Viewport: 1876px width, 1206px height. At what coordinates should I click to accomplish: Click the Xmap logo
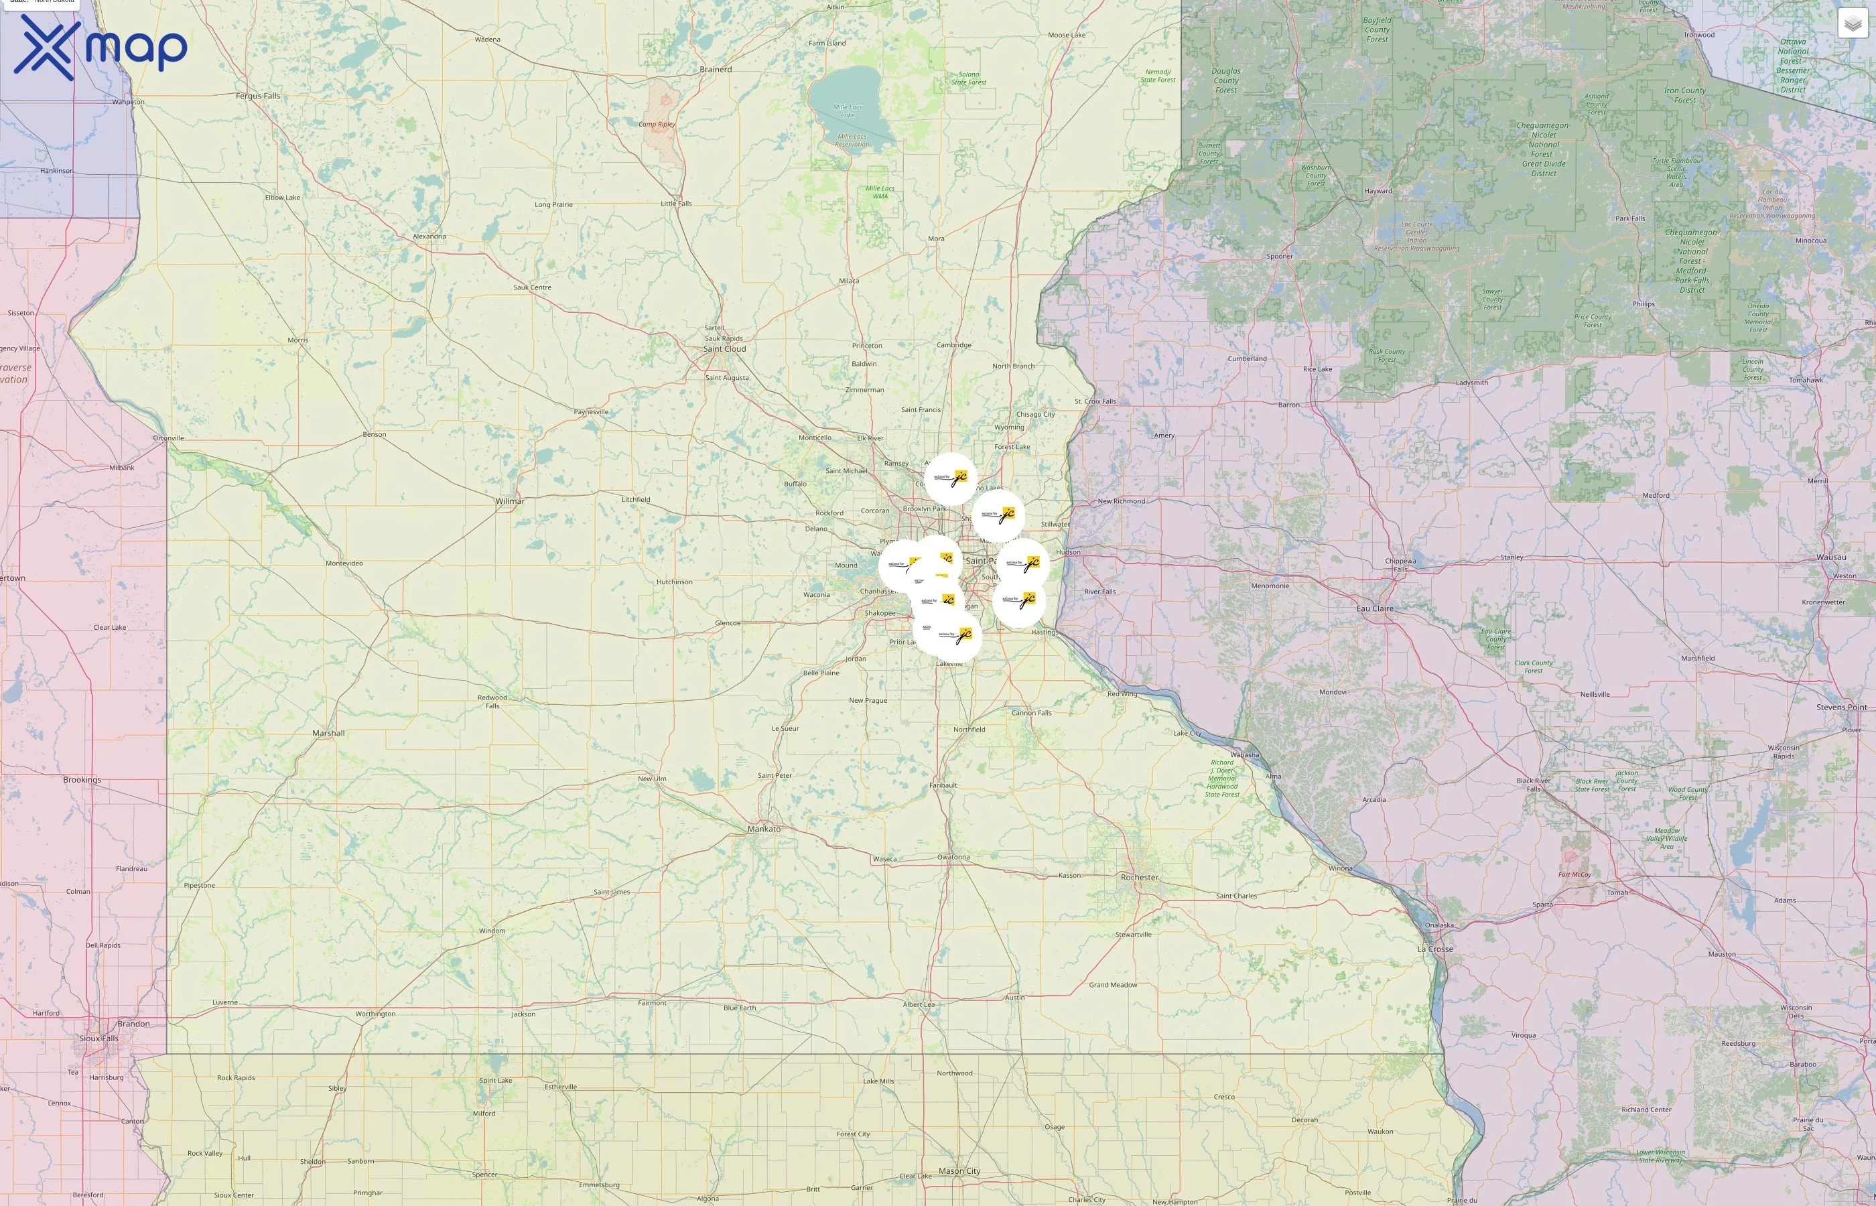point(100,47)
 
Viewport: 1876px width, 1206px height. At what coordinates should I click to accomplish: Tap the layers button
point(1852,23)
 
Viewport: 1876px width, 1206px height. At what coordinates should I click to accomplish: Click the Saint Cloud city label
point(724,348)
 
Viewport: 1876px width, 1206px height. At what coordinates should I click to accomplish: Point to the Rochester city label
point(1139,877)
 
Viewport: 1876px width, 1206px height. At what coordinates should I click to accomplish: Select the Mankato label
point(763,829)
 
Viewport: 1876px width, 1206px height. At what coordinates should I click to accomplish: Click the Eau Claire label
point(1375,608)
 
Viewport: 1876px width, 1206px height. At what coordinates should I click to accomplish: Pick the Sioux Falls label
point(98,1038)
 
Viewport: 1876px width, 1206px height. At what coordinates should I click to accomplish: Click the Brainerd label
point(716,69)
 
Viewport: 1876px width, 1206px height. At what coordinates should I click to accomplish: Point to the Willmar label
point(510,501)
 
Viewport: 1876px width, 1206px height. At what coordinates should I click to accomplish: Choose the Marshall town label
point(328,733)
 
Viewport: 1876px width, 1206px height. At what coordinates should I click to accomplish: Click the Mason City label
point(959,1170)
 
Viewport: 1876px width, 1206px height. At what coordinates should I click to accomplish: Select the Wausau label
point(1830,557)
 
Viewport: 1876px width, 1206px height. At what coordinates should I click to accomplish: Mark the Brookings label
point(82,780)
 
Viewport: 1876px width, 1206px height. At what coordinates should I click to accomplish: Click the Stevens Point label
point(1840,707)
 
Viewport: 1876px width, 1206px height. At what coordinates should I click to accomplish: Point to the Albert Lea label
point(919,1004)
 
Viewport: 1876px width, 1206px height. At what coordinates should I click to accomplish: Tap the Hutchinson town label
point(674,582)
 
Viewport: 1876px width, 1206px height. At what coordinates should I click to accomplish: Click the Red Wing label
point(1122,694)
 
